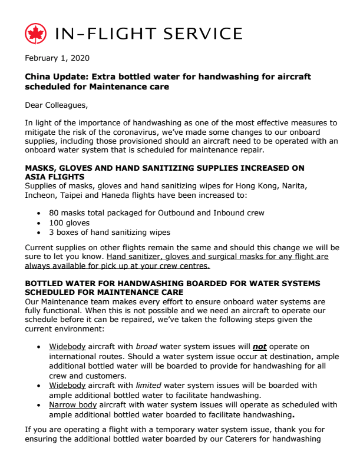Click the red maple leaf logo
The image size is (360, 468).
35,34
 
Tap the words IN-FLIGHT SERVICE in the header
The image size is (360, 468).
148,34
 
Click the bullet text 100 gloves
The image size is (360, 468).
70,222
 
